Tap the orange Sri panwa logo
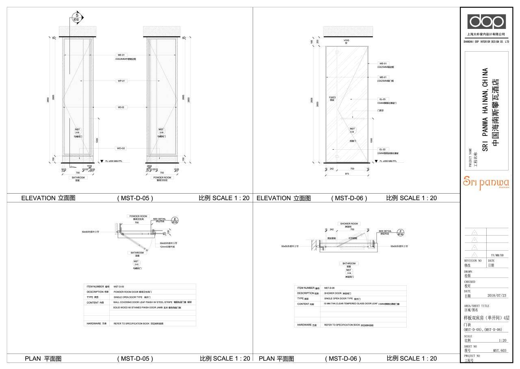point(486,183)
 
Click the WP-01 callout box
point(121,81)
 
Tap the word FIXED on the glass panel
point(332,98)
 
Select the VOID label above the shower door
point(346,41)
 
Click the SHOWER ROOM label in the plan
point(349,224)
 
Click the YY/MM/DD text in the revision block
point(497,255)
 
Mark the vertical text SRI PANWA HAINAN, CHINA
point(485,110)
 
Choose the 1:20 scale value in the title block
point(502,340)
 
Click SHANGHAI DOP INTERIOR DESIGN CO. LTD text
point(486,41)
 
